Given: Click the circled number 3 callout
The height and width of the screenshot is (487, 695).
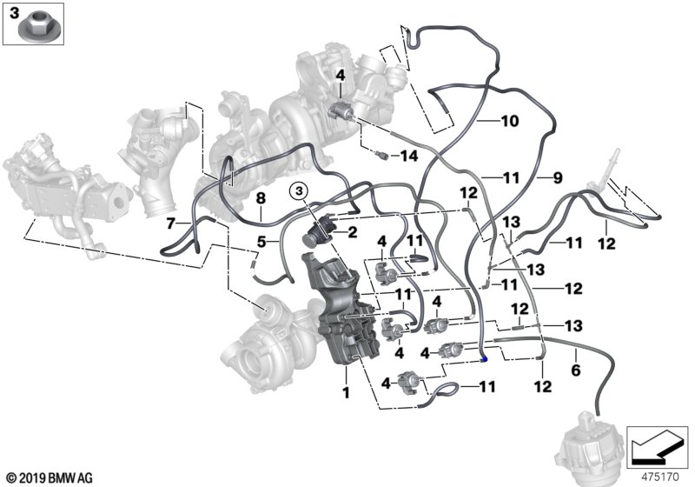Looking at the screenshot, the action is coord(299,191).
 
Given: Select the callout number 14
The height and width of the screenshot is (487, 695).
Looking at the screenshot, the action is coord(408,156).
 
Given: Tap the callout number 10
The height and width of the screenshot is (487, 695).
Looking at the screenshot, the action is coord(510,121).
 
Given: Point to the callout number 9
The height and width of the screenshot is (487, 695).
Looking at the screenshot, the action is coord(558,178).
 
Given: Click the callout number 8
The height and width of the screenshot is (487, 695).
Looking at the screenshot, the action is coord(261,198).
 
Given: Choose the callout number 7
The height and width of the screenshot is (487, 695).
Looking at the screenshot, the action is coord(171,223).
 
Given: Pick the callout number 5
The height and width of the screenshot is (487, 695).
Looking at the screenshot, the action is coord(262,242).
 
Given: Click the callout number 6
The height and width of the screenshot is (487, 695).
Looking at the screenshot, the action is coord(576,370).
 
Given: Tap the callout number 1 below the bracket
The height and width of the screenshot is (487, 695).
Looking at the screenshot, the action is coord(346,392).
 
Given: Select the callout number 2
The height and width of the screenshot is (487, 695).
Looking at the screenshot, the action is coord(353,232).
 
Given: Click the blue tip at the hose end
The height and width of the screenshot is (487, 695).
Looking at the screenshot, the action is coord(486,359).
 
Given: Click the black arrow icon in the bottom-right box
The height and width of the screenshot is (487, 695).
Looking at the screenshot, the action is coord(657,447).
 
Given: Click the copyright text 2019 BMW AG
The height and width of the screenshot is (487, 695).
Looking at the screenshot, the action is coord(50,478).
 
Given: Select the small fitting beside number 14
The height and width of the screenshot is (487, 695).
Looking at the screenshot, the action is coord(381,155).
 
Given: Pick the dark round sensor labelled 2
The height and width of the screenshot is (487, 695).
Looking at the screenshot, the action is coord(317,232).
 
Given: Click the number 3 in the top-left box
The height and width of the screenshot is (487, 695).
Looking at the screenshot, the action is coord(15,13).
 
